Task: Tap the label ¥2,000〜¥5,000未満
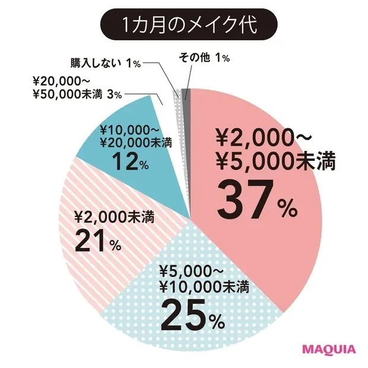tap(273, 151)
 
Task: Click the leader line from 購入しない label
tap(160, 62)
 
